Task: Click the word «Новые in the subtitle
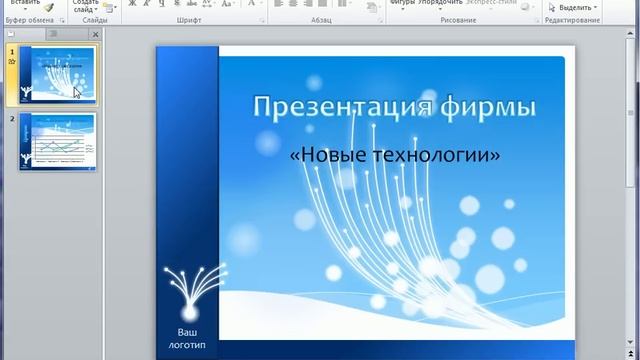(x=326, y=155)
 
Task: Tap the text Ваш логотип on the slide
(x=187, y=337)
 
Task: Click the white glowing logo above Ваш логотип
(x=188, y=290)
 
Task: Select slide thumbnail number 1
(x=57, y=75)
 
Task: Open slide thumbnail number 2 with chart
(x=57, y=143)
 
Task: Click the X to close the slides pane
(x=95, y=34)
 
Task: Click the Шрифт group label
(x=188, y=20)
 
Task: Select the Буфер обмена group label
(x=30, y=20)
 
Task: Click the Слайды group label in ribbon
(x=95, y=20)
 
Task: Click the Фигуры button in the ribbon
(x=403, y=3)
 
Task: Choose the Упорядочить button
(x=441, y=3)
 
